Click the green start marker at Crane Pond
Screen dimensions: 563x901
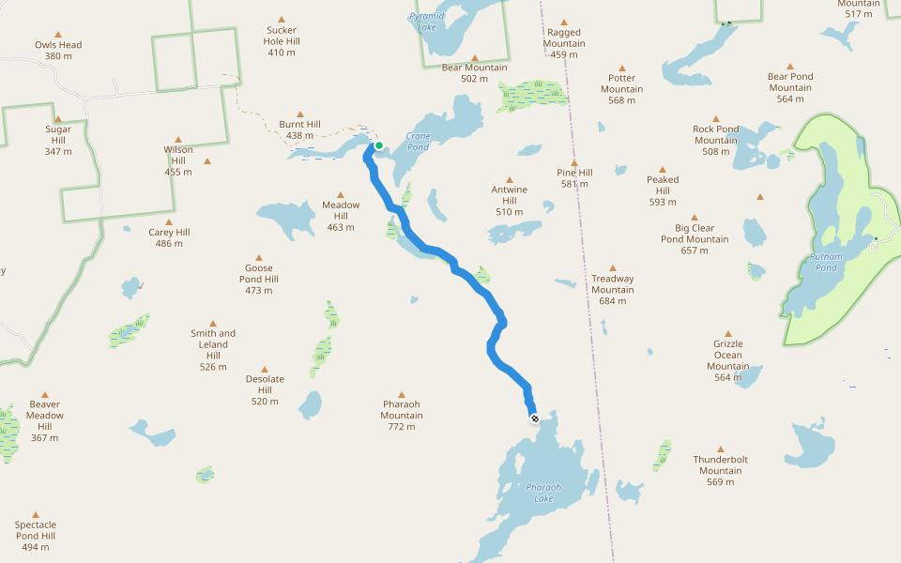click(378, 145)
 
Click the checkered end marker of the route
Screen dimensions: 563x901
click(534, 418)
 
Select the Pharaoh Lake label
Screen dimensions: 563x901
click(543, 493)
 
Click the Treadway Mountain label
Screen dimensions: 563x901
click(613, 284)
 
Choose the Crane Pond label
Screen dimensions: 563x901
click(418, 142)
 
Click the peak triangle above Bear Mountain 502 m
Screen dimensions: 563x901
click(474, 57)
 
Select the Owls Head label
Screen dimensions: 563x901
click(58, 44)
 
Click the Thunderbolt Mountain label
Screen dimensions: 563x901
click(721, 465)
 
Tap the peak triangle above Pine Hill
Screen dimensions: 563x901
click(574, 162)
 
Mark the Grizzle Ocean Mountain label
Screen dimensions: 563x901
click(727, 355)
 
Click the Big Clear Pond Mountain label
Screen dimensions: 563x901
click(695, 234)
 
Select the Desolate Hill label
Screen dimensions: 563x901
click(265, 385)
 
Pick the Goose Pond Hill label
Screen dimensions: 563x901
click(259, 274)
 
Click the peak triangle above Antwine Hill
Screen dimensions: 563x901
click(510, 179)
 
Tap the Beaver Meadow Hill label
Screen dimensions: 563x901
click(44, 416)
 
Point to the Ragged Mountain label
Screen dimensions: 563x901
click(564, 38)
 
